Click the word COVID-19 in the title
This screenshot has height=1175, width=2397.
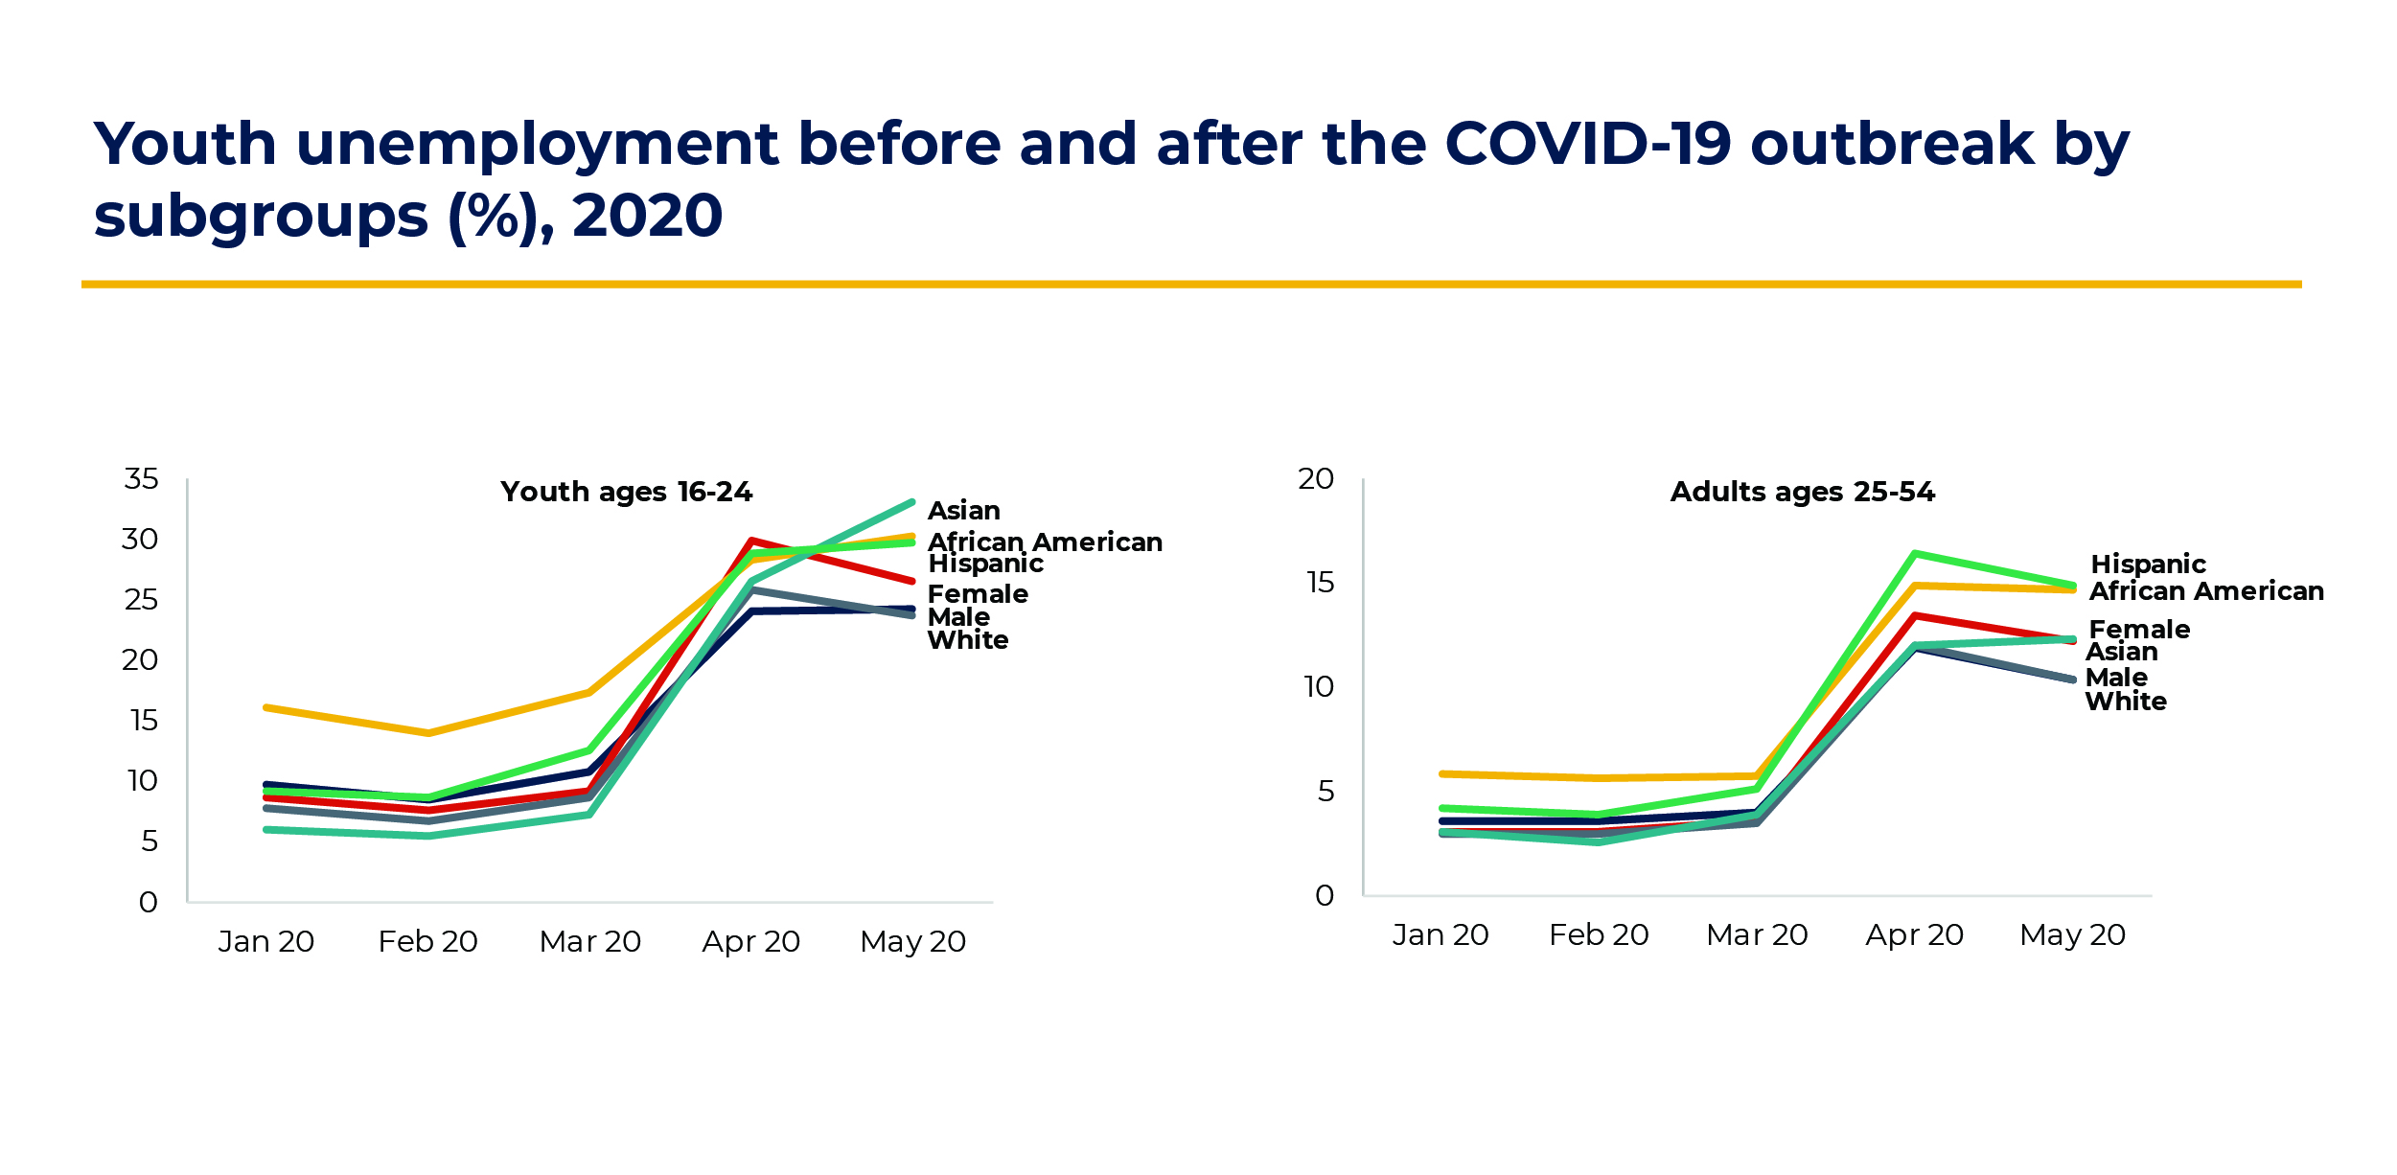[x=1587, y=145]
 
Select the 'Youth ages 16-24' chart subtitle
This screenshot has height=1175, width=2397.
[x=626, y=493]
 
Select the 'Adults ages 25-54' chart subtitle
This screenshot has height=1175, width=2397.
[x=1802, y=493]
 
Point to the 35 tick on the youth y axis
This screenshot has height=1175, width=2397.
[x=141, y=479]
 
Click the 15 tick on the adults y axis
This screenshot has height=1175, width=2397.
[x=1320, y=583]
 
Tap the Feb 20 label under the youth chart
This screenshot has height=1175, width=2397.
[x=427, y=942]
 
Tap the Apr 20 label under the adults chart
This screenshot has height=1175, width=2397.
[x=1914, y=935]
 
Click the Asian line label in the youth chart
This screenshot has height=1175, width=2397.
[x=963, y=511]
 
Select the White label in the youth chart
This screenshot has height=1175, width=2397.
[x=968, y=640]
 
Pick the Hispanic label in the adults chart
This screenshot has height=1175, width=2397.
[x=2148, y=564]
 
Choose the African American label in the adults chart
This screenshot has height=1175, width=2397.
[x=2205, y=591]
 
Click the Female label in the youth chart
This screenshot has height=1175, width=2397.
[x=978, y=594]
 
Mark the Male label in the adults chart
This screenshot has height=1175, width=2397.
[x=2116, y=678]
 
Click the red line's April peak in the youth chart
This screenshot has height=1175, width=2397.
[x=752, y=541]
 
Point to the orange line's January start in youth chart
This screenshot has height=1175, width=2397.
[x=266, y=707]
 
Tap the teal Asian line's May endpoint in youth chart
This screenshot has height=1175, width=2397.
[x=911, y=501]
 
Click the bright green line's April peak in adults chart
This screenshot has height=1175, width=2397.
[x=1914, y=553]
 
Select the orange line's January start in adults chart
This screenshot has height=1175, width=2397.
[x=1442, y=773]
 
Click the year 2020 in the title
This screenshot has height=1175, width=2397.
[x=647, y=217]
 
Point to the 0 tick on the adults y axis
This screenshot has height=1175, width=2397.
[x=1324, y=896]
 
